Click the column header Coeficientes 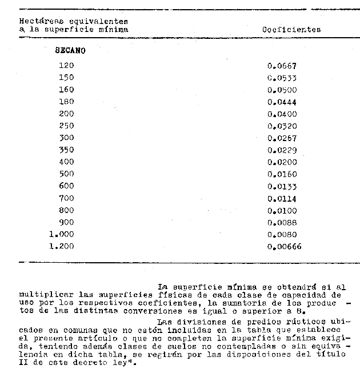point(291,29)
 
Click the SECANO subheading point(70,50)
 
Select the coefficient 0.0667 point(282,66)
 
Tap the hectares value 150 point(66,78)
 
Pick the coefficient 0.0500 point(282,90)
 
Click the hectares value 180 point(66,102)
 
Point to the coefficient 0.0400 point(282,114)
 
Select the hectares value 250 point(66,126)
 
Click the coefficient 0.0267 point(282,138)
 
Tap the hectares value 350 point(66,150)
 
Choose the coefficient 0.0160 point(282,174)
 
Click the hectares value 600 point(66,186)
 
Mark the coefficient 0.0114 point(282,198)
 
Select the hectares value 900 point(66,222)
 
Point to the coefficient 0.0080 point(282,234)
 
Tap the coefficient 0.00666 point(284,246)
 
